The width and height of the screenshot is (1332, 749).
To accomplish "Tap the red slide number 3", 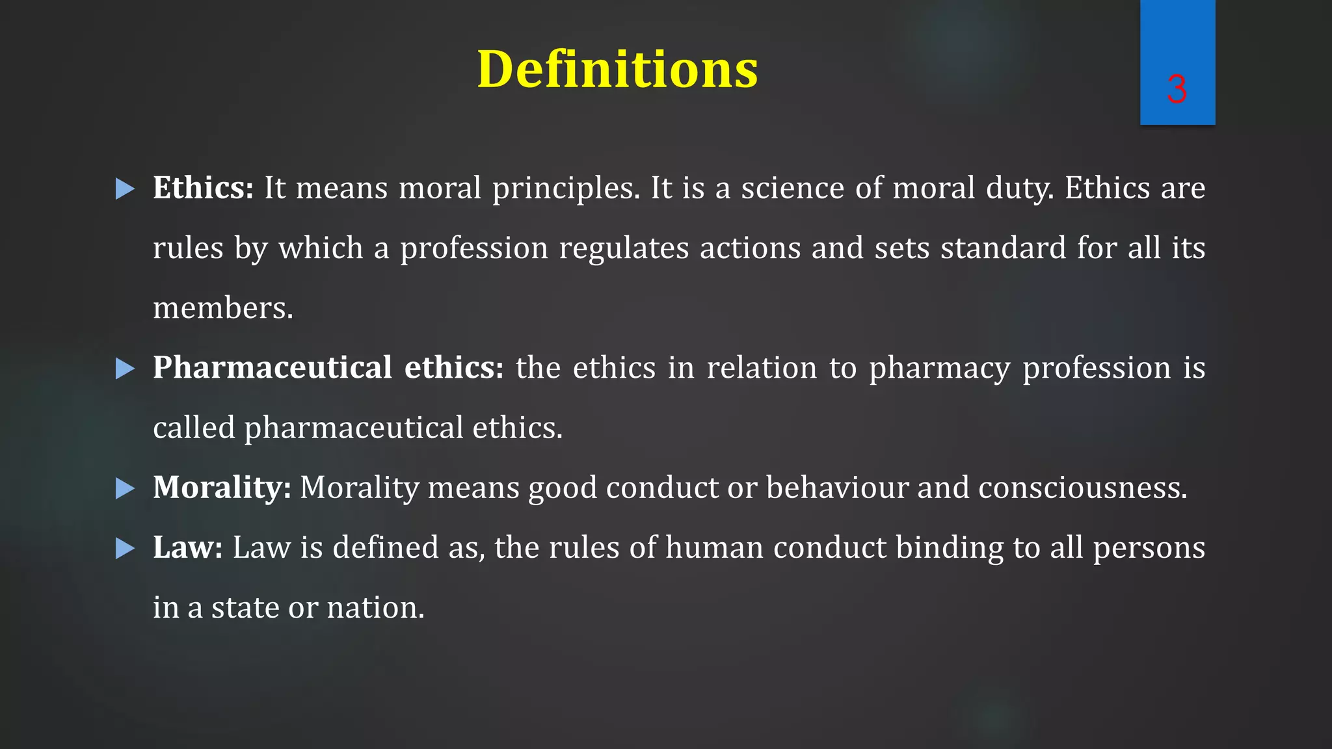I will coord(1177,89).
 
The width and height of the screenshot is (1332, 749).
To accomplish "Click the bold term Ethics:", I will coord(203,189).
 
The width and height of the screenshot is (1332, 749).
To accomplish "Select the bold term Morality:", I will coord(222,488).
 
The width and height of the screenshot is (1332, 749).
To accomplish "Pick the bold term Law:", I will coord(188,547).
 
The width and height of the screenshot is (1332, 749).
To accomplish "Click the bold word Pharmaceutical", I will coord(272,368).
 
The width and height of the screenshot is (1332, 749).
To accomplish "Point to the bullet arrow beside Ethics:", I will coord(125,189).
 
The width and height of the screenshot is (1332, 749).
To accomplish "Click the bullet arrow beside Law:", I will coord(125,549).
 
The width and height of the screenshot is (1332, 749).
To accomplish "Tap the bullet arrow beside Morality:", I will coord(125,488).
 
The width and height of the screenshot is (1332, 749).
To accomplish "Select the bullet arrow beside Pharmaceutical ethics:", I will coord(125,369).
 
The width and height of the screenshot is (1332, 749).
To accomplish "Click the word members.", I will coord(222,308).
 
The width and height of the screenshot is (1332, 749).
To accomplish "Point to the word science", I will coord(792,189).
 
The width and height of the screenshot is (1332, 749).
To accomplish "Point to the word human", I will coord(714,547).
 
